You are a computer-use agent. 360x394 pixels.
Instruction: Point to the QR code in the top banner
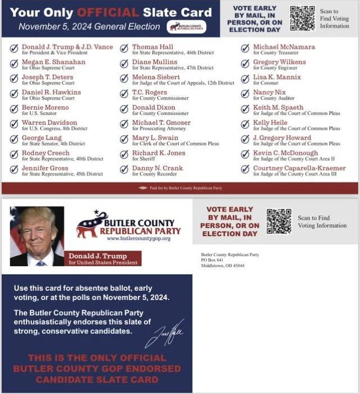[302, 18]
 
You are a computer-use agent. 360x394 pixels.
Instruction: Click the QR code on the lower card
[279, 221]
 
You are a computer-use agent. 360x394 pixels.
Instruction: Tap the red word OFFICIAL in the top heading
[107, 12]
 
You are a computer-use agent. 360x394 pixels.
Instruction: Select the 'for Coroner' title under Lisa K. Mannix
[265, 83]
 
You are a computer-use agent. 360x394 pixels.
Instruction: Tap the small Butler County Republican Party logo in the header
[187, 26]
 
